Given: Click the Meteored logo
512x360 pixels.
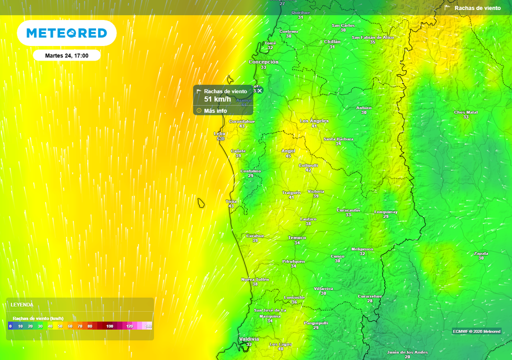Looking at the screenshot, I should pyautogui.click(x=66, y=33).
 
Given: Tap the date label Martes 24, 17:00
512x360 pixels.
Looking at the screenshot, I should pyautogui.click(x=66, y=55).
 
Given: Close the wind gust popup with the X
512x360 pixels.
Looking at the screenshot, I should pyautogui.click(x=259, y=90).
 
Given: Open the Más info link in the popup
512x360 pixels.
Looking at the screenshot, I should pyautogui.click(x=215, y=110).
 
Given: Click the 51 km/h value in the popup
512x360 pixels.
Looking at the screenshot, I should pyautogui.click(x=217, y=99).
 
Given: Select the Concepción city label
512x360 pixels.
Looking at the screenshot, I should pyautogui.click(x=263, y=62).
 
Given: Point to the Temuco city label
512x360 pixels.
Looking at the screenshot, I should pyautogui.click(x=297, y=237).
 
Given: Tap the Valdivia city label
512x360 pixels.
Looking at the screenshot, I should pyautogui.click(x=249, y=339).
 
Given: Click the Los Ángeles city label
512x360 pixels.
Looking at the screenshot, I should pyautogui.click(x=314, y=121).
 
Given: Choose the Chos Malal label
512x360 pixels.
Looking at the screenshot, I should pyautogui.click(x=465, y=112).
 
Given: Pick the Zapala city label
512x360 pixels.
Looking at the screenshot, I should pyautogui.click(x=480, y=253).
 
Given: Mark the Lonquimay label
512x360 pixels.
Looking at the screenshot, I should pyautogui.click(x=385, y=212).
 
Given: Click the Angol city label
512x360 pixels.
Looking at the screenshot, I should pyautogui.click(x=288, y=151).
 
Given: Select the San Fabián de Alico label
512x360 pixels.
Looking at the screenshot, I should pyautogui.click(x=372, y=37).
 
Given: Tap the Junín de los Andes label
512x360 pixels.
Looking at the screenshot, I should pyautogui.click(x=407, y=352).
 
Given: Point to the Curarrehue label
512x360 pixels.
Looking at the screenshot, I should pyautogui.click(x=369, y=296).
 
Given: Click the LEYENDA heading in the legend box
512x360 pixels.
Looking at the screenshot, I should pyautogui.click(x=22, y=304).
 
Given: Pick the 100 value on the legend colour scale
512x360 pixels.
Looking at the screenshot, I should pyautogui.click(x=109, y=326).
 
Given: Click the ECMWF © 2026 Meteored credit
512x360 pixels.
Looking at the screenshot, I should pyautogui.click(x=476, y=331).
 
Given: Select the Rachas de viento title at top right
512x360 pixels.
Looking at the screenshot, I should pyautogui.click(x=477, y=8).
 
